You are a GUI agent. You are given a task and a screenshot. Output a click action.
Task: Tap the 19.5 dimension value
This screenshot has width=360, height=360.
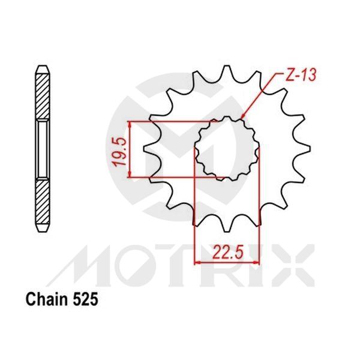click(x=119, y=150)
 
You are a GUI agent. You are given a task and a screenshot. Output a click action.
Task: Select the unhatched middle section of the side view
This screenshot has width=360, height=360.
click(x=43, y=148)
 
